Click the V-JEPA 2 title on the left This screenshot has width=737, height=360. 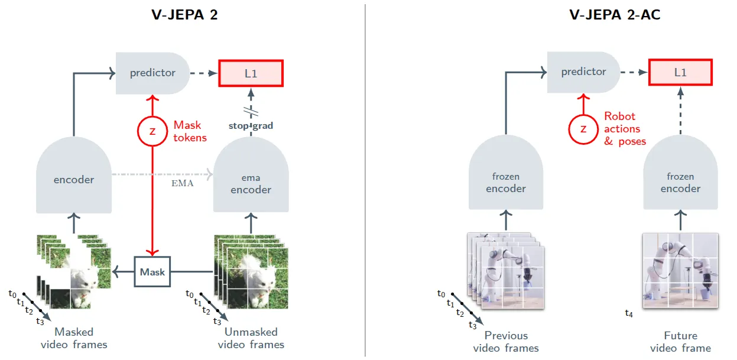pyautogui.click(x=184, y=15)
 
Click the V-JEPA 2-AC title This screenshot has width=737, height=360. pyautogui.click(x=615, y=15)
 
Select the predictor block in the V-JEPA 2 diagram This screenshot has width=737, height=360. pyautogui.click(x=152, y=73)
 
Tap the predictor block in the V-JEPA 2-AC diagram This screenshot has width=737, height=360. pyautogui.click(x=584, y=72)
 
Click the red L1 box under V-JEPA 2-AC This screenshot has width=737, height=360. pyautogui.click(x=680, y=72)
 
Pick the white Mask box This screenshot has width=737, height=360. pyautogui.click(x=152, y=272)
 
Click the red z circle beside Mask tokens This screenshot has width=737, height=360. pyautogui.click(x=152, y=131)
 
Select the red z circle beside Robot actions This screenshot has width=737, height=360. pyautogui.click(x=583, y=129)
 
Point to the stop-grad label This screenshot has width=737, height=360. pyautogui.click(x=251, y=126)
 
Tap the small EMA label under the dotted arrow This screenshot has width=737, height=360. pyautogui.click(x=182, y=183)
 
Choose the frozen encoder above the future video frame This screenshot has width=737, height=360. pyautogui.click(x=680, y=173)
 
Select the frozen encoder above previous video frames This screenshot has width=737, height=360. pyautogui.click(x=506, y=173)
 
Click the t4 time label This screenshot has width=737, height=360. pyautogui.click(x=629, y=313)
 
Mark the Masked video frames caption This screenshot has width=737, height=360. pyautogui.click(x=74, y=338)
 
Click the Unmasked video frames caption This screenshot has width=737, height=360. pyautogui.click(x=251, y=338)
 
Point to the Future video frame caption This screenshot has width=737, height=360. pyautogui.click(x=680, y=342)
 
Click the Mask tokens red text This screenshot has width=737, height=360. pyautogui.click(x=190, y=131)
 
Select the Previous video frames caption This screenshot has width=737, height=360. pyautogui.click(x=506, y=342)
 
